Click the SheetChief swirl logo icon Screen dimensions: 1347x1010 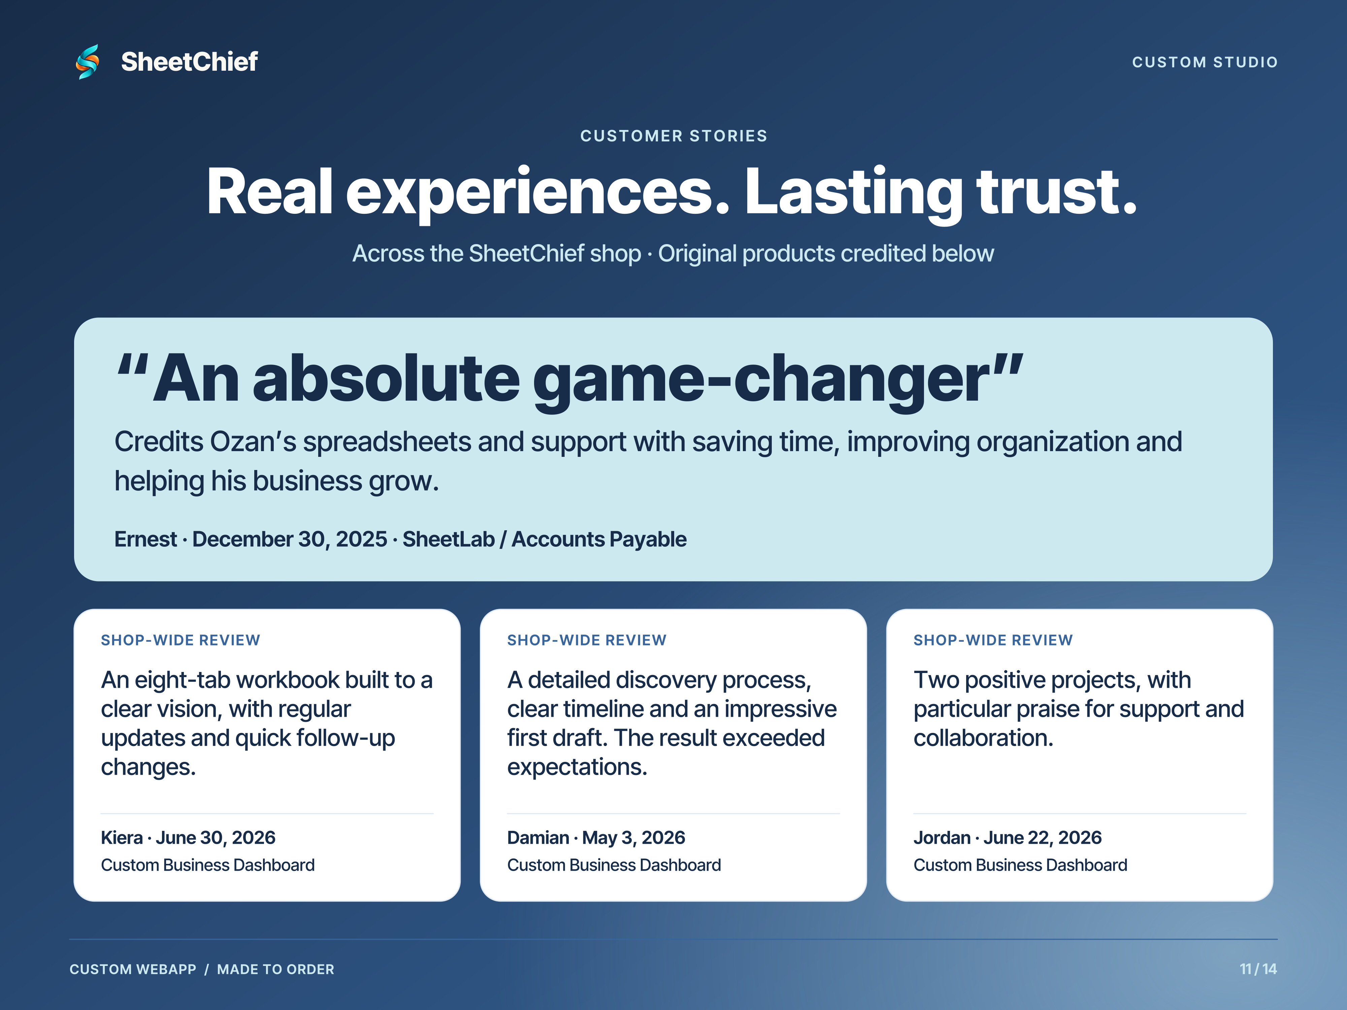pos(88,62)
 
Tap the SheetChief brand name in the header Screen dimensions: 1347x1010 pos(189,62)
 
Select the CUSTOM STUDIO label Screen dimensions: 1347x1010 pos(1205,62)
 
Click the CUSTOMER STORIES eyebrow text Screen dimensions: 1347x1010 pos(673,136)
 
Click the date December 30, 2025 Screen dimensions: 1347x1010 pos(289,539)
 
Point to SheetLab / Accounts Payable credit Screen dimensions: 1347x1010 pos(545,539)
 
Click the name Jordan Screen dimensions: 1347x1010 pos(942,838)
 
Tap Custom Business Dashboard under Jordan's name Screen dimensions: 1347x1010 pos(1020,865)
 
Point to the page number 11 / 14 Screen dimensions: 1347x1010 pos(1258,969)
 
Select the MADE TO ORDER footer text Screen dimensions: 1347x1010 pos(275,969)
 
